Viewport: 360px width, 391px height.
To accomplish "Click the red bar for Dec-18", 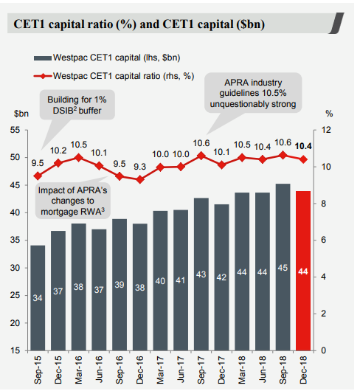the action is point(303,271).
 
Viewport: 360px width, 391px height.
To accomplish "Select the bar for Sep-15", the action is point(38,298).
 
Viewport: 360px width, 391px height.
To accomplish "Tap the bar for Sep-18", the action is point(283,267).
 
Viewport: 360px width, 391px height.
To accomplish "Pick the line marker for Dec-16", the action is point(140,179).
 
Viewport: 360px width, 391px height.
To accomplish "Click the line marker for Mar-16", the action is point(79,158).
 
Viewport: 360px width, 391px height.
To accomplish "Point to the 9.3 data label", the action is point(139,167).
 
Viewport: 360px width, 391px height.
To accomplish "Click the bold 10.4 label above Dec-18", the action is point(303,146).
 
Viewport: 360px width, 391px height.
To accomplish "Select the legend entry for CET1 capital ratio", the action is point(114,76).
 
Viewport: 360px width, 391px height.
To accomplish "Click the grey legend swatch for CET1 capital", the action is point(43,58).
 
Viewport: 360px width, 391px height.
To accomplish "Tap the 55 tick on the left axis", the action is point(15,130).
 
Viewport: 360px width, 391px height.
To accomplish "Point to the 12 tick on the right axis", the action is point(326,130).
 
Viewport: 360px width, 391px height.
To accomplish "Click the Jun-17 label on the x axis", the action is point(181,370).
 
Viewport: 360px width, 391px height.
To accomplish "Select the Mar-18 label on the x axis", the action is point(242,370).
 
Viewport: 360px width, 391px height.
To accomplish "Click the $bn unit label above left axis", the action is point(21,114).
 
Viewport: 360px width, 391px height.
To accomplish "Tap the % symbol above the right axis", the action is point(329,114).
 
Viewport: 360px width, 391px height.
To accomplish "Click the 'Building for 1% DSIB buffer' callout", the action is point(77,105).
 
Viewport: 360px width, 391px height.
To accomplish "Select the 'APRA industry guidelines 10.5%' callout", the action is point(253,93).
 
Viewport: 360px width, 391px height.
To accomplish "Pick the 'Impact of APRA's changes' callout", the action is point(72,201).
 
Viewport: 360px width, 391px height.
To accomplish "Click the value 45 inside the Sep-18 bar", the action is point(283,268).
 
